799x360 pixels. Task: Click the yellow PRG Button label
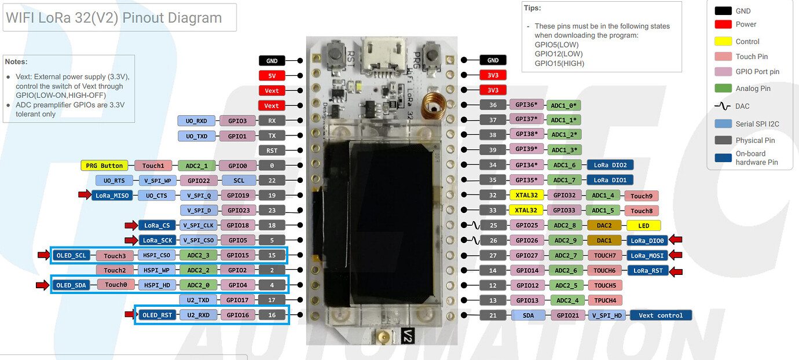[x=104, y=166]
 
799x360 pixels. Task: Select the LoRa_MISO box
[x=112, y=196]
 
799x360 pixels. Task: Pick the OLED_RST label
[x=156, y=315]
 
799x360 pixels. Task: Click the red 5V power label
[x=272, y=75]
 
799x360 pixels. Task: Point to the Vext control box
[x=661, y=315]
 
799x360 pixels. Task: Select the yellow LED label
[x=643, y=225]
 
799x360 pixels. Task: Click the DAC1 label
[x=604, y=240]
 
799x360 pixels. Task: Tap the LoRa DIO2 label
[x=610, y=165]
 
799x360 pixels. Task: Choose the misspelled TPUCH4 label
[x=604, y=300]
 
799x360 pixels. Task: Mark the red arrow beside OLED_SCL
[x=44, y=255]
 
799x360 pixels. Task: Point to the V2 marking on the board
[x=407, y=335]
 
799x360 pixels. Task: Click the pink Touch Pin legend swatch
[x=723, y=56]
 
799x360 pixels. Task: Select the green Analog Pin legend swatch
[x=723, y=89]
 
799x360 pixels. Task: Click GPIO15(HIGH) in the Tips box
[x=559, y=63]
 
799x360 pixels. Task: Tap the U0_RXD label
[x=197, y=120]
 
